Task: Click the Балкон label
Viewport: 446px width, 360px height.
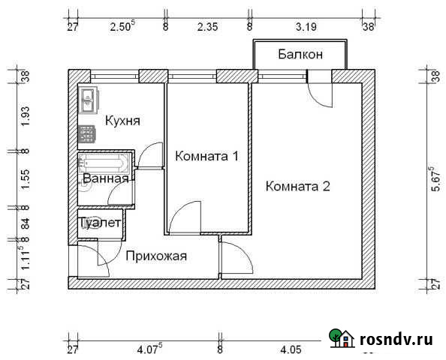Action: point(300,54)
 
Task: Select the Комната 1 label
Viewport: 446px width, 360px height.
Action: point(206,157)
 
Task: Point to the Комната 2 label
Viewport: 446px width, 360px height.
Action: point(298,187)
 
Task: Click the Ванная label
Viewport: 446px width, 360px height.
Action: point(105,179)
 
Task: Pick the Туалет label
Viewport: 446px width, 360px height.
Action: point(100,223)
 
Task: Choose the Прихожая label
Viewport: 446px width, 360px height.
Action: point(156,256)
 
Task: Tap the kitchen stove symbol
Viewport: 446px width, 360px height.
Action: point(87,133)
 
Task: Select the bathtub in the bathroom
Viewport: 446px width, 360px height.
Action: point(105,163)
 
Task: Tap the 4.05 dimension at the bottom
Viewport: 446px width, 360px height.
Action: point(290,349)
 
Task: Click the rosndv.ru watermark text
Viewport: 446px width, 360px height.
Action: point(400,340)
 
